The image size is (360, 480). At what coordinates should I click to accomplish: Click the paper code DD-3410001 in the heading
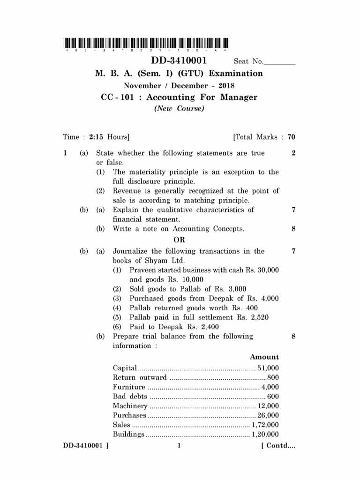180,62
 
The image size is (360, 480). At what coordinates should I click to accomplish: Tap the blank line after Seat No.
280,63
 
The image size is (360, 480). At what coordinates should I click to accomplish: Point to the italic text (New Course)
179,108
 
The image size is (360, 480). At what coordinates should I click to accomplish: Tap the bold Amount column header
264,357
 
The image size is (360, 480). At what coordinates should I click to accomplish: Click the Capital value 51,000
268,367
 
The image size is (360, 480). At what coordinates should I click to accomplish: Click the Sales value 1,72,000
265,425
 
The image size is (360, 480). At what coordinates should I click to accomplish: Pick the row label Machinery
130,406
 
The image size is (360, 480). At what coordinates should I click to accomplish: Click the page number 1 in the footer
179,446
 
